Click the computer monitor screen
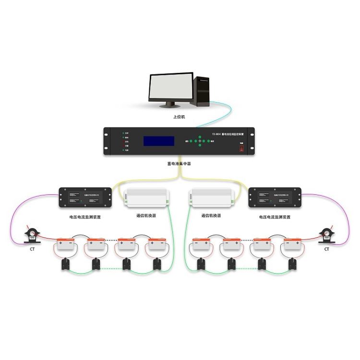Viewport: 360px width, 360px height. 170,87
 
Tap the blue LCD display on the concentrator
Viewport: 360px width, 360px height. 159,141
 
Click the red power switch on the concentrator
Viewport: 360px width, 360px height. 242,148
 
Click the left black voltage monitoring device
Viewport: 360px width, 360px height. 85,198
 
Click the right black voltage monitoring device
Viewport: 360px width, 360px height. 275,198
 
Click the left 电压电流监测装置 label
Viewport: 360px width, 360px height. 85,217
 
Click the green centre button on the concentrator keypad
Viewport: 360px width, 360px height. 200,141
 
